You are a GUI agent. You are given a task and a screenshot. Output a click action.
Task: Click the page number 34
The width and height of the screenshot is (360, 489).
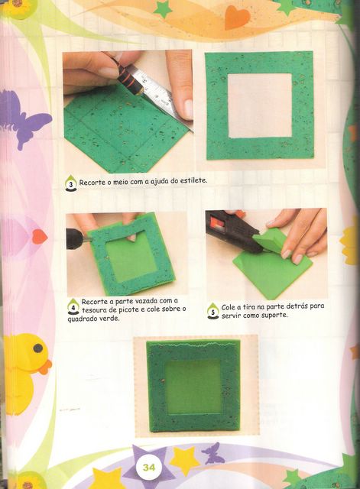pos(149,467)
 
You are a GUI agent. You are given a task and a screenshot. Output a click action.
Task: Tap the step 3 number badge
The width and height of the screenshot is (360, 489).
pos(71,183)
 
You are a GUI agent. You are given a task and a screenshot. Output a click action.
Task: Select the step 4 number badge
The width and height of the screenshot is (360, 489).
pos(73,306)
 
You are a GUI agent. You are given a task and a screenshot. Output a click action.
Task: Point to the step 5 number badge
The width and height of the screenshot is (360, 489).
pos(213,311)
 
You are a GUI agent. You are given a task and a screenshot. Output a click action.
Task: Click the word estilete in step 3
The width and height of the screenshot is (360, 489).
pos(193,180)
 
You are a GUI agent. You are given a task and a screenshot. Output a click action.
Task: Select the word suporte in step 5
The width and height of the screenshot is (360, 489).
pos(274,316)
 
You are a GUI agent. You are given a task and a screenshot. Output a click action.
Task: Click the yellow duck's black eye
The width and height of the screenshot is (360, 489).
pos(37,348)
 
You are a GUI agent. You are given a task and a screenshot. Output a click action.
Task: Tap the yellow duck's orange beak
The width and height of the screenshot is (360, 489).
pos(46,367)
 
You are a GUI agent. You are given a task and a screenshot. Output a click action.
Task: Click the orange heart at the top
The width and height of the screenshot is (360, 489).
pos(237,17)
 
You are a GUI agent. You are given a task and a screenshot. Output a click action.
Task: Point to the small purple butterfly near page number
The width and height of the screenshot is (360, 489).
pos(212,453)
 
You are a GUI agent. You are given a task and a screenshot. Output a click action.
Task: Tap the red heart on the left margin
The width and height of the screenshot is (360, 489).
pos(40,236)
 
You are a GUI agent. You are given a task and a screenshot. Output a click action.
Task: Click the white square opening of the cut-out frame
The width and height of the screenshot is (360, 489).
pos(260,105)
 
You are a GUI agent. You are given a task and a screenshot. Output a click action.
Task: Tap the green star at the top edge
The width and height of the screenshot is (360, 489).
pos(163,8)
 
